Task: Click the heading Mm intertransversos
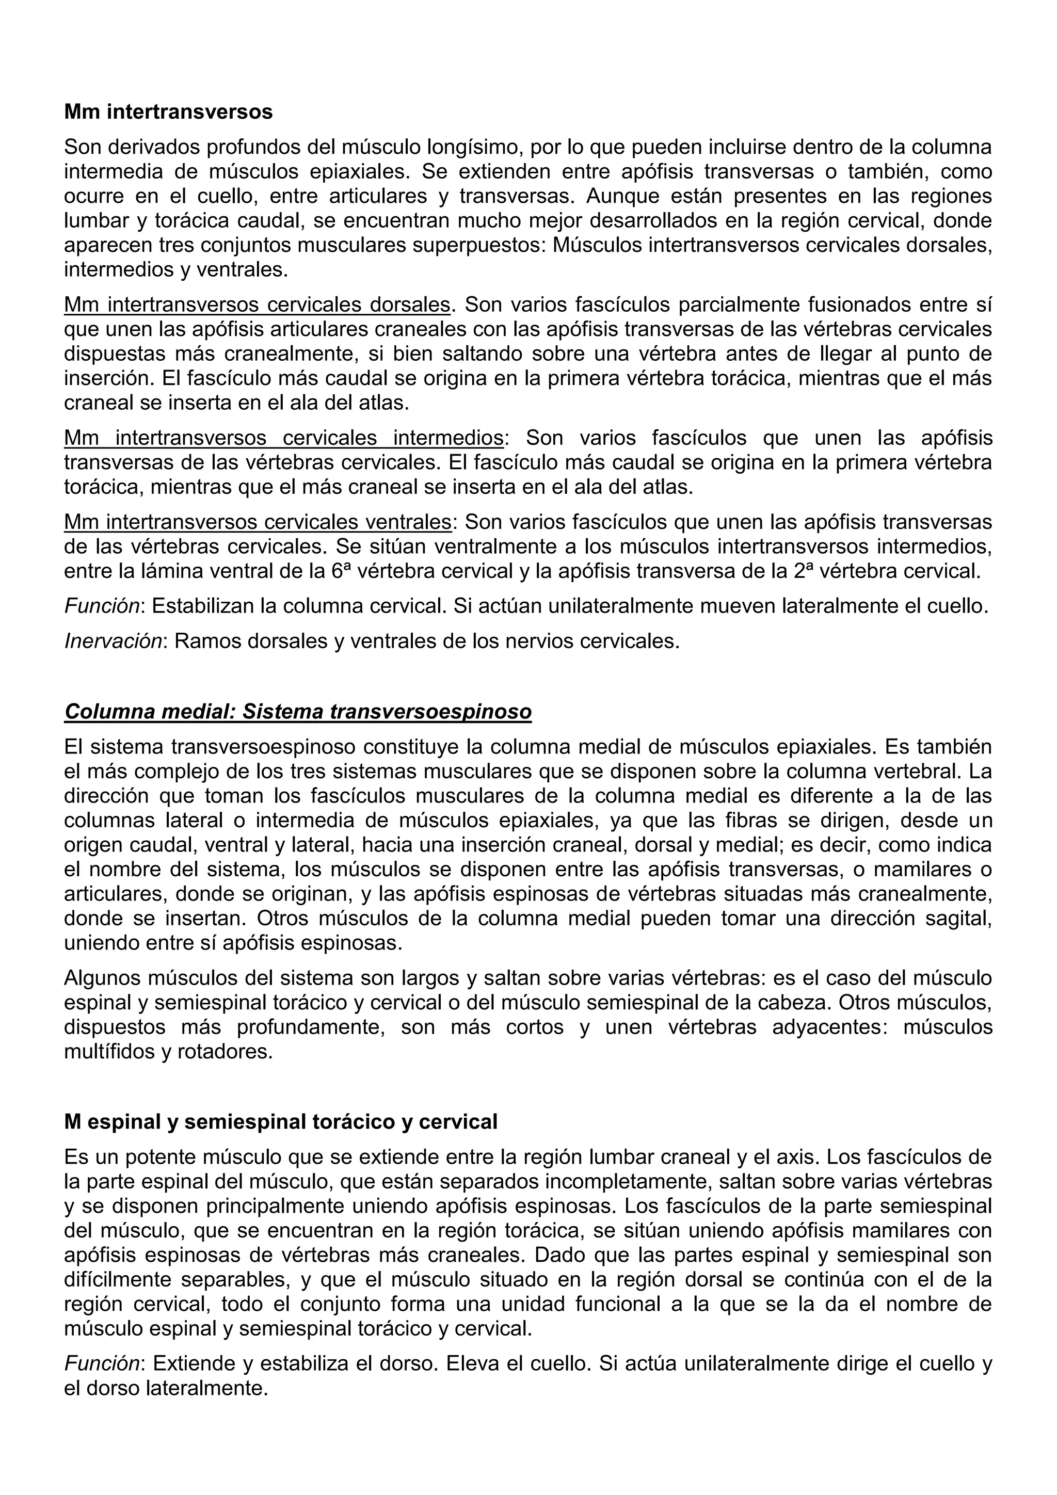pyautogui.click(x=168, y=112)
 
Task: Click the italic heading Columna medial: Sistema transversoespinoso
pyautogui.click(x=298, y=712)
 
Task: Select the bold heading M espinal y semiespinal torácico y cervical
pyautogui.click(x=281, y=1122)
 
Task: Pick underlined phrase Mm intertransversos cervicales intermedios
pyautogui.click(x=283, y=438)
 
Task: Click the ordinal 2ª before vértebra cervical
pyautogui.click(x=806, y=571)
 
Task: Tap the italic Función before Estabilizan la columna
pyautogui.click(x=102, y=606)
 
